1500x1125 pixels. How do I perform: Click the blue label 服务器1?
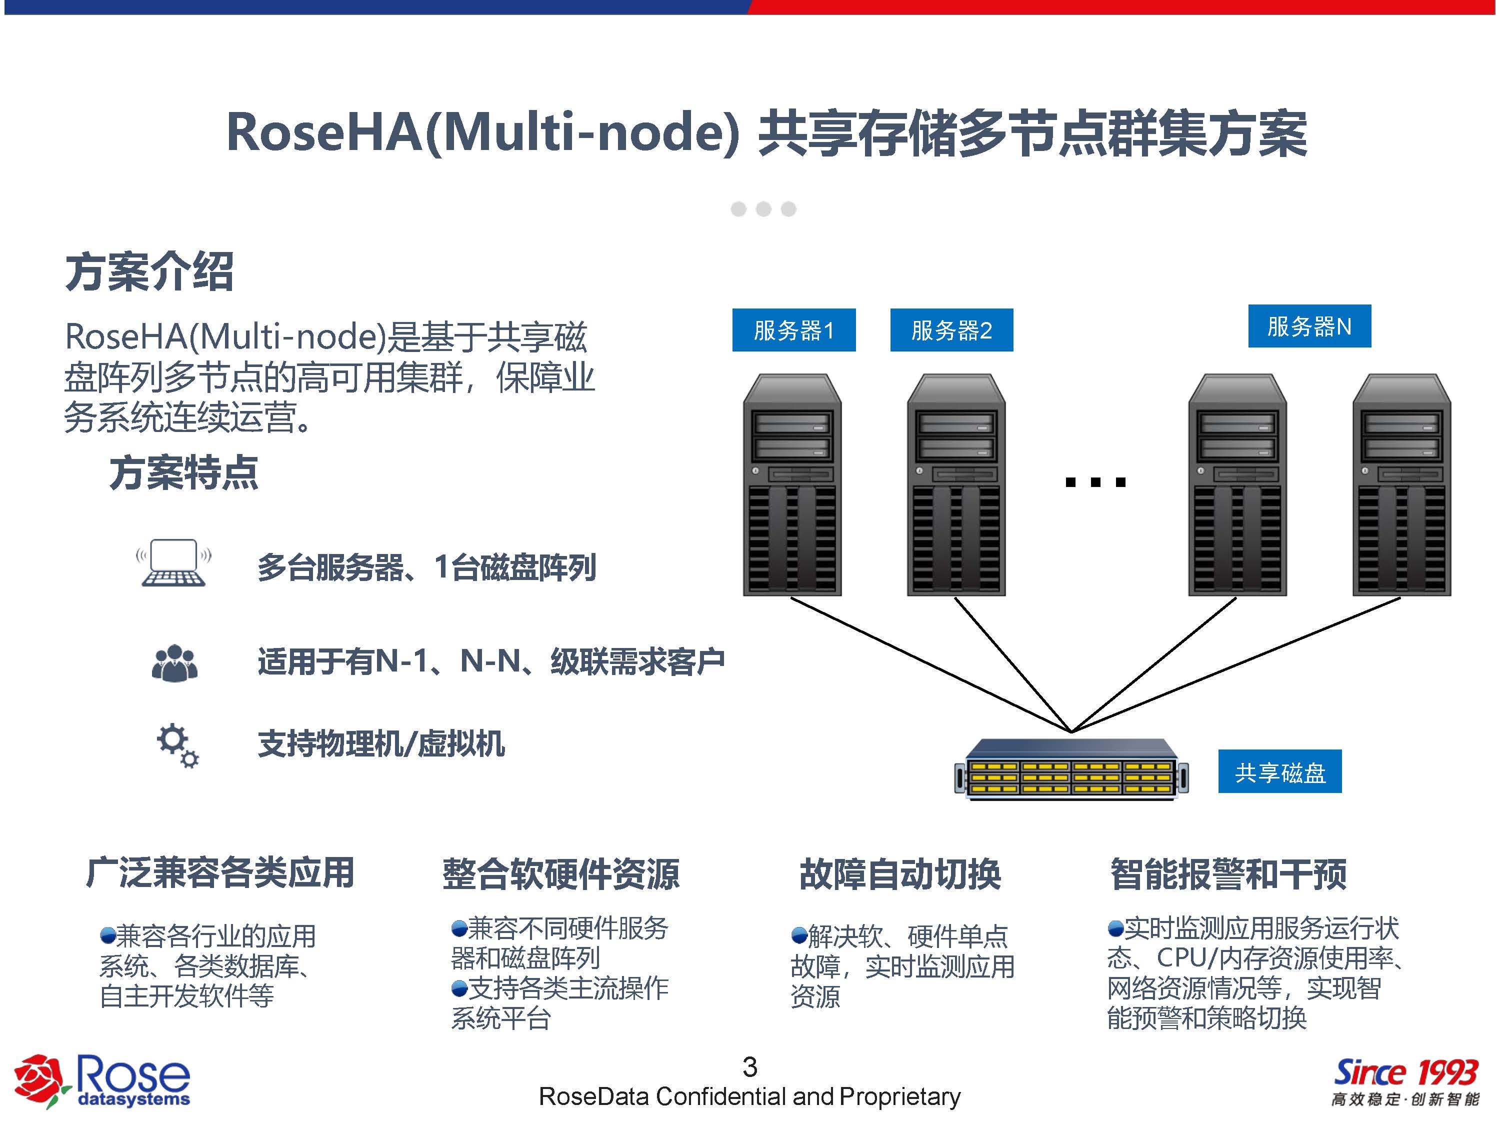(793, 330)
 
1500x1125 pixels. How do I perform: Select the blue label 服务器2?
(951, 330)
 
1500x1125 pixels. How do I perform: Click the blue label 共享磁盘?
(1279, 771)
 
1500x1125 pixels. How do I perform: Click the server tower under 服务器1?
(792, 485)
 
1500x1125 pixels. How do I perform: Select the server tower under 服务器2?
(956, 485)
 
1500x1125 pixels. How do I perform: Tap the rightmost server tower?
(1401, 485)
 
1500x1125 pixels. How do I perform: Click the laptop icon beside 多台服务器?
(173, 563)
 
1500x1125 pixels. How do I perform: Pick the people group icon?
(175, 662)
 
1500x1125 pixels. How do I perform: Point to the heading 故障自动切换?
(900, 873)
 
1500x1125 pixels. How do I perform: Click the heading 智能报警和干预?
(1228, 873)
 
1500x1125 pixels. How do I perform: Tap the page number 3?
(749, 1066)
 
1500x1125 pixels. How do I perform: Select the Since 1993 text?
(1405, 1073)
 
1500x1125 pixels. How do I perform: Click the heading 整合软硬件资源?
(561, 873)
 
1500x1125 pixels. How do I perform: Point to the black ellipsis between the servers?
(1095, 482)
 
